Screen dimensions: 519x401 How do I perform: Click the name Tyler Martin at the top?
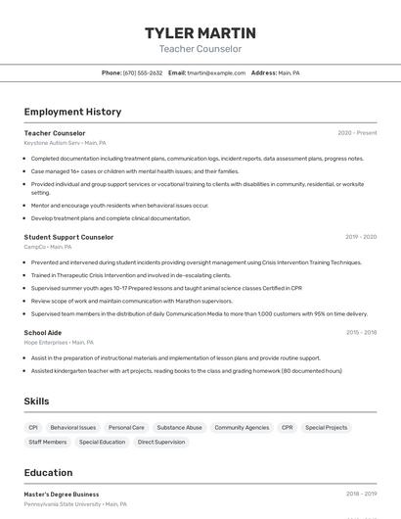click(200, 33)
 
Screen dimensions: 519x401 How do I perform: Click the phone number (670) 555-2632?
click(143, 73)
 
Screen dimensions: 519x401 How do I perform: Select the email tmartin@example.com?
click(216, 73)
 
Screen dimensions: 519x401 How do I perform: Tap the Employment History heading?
click(72, 112)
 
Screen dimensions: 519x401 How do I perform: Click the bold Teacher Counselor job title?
click(55, 133)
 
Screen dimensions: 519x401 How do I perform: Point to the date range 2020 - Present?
click(357, 133)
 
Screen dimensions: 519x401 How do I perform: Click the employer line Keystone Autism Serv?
click(65, 143)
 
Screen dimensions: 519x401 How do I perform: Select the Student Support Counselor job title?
click(68, 237)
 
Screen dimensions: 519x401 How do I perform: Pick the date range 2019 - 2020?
click(361, 237)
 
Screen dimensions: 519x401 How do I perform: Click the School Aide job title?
click(43, 333)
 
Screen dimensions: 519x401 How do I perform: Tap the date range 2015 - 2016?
click(361, 333)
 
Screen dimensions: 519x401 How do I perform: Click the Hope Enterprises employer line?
click(59, 343)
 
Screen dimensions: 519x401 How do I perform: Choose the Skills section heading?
click(37, 401)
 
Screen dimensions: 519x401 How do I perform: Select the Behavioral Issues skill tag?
click(73, 428)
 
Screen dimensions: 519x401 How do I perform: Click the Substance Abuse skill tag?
click(179, 428)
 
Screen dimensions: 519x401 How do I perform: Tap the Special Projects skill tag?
click(326, 428)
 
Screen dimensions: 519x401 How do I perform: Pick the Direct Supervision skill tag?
click(161, 443)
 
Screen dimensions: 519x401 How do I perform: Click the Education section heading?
click(48, 472)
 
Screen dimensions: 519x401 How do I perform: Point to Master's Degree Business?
click(62, 495)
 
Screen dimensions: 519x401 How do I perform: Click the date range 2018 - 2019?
click(361, 495)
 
